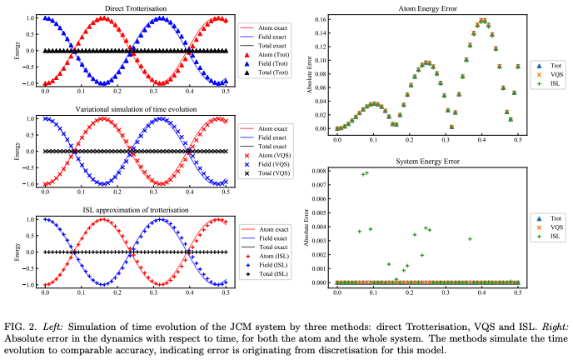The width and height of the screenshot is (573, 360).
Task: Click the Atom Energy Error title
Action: coord(427,8)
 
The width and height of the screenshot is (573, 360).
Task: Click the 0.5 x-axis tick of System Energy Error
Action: coord(518,293)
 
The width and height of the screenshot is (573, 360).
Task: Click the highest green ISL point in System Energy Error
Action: coord(367,172)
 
